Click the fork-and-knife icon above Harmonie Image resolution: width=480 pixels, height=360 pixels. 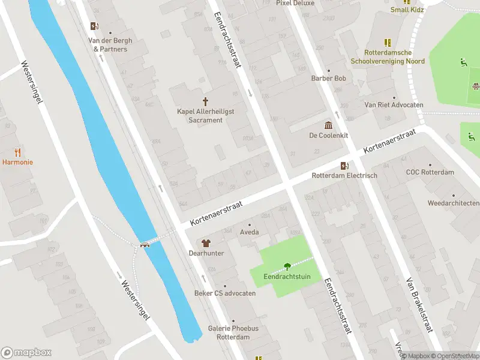coord(17,152)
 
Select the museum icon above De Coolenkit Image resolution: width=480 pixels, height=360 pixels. coord(328,125)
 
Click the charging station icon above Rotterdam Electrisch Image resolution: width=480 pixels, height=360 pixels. coord(344,166)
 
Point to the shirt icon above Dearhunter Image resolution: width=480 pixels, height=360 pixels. coord(206,243)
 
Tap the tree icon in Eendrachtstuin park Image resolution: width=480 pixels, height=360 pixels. coord(287,266)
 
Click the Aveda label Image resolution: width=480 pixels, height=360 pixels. coord(249,232)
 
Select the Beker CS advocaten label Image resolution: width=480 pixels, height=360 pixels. coord(225,293)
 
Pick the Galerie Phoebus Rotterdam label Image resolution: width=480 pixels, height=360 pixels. coord(233,332)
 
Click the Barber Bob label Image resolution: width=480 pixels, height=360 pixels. coord(328,79)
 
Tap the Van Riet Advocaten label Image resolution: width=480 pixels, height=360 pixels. coord(394,104)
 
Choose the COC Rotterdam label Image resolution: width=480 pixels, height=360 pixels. coord(430,172)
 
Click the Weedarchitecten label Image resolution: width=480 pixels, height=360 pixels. coord(453,203)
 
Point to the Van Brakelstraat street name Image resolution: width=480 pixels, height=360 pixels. coord(419,305)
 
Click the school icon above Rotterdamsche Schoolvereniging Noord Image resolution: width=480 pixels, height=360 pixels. coord(388,43)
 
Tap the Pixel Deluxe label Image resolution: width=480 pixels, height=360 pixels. coord(295,3)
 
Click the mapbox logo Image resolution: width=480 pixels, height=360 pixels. coord(26,353)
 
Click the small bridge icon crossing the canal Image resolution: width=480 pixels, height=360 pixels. coord(145,244)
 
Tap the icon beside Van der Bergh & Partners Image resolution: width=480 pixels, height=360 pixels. coord(94,26)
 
